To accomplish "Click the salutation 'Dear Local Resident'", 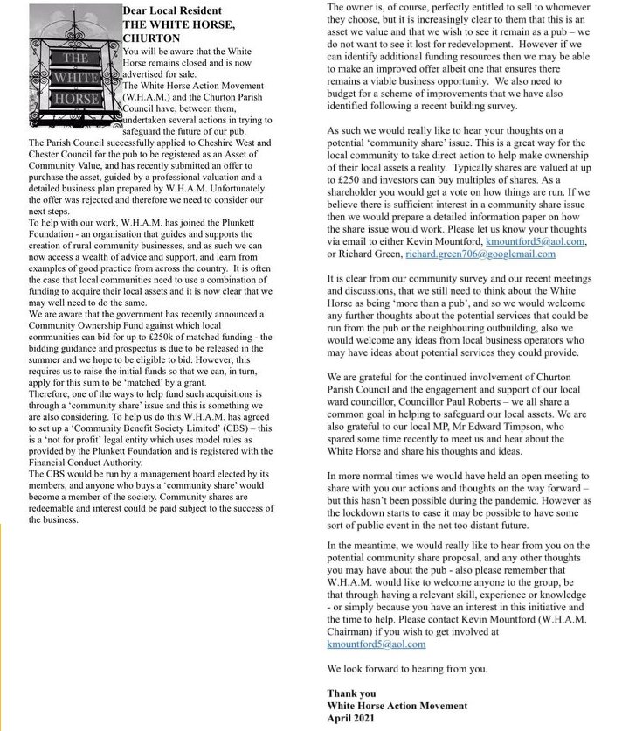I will (x=173, y=10).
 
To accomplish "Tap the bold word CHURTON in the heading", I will (x=150, y=38).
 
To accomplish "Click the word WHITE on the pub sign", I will (x=78, y=78).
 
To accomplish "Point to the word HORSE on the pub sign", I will (x=78, y=99).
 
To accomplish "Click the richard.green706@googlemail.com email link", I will (x=480, y=254).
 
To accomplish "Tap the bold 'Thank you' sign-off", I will (x=351, y=693).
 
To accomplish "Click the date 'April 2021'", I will (x=350, y=718).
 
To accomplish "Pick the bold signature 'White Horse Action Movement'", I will (x=397, y=706).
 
